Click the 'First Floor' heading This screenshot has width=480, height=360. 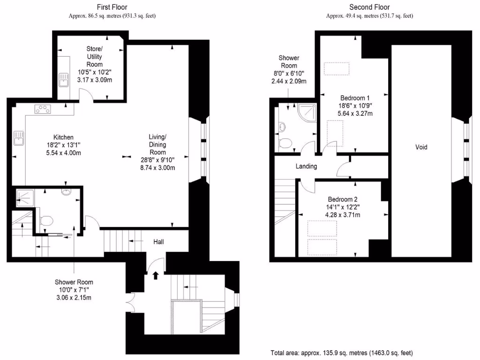[112, 7]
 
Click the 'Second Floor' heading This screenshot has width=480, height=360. [369, 7]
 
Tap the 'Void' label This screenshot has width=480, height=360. [421, 147]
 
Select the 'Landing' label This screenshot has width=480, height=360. [306, 166]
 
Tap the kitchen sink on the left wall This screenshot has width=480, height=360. [19, 138]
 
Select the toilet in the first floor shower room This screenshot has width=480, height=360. [47, 220]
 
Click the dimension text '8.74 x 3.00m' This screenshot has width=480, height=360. [157, 168]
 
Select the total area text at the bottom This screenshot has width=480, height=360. [342, 352]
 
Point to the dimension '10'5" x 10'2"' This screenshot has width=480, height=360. [94, 73]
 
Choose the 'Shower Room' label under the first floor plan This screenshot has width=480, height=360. [74, 282]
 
